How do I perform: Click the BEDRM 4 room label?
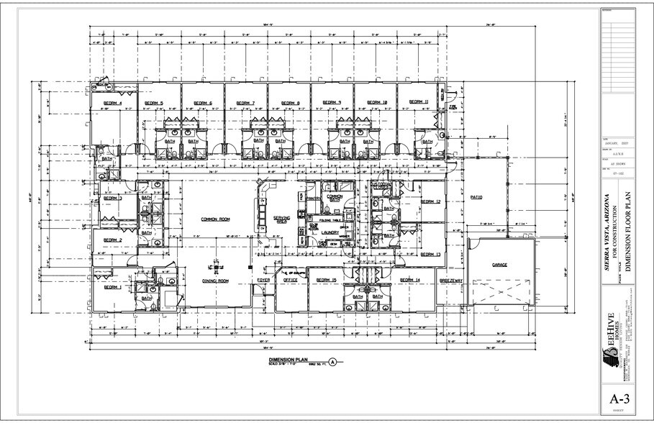[113, 104]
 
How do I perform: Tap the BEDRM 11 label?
[419, 102]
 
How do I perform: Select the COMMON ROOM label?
[214, 219]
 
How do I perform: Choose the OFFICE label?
[290, 280]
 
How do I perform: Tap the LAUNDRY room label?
[330, 232]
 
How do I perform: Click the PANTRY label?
[313, 198]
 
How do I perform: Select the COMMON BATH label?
[335, 198]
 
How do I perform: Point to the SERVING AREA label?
[281, 219]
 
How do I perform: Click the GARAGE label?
[500, 265]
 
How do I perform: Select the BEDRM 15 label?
[327, 279]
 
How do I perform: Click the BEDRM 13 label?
[430, 255]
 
